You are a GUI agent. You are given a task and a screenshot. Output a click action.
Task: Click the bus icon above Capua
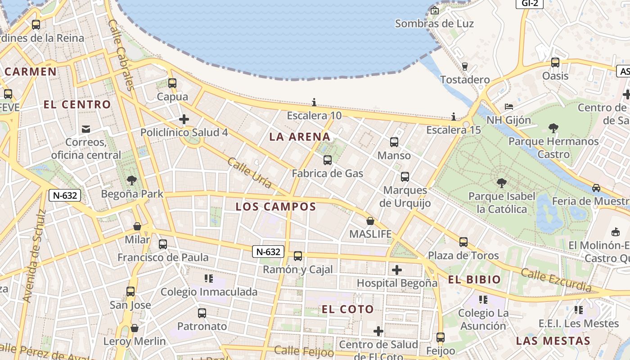pos(172,83)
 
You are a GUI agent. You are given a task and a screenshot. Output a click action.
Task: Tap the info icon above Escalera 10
pos(314,103)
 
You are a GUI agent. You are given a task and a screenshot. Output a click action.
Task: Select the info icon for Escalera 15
pos(454,117)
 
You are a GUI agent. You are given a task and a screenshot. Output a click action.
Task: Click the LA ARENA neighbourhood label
pos(300,137)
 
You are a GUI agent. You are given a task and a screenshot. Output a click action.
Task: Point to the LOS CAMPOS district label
pos(276,207)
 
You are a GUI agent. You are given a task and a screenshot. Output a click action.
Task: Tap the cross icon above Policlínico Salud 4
pos(184,119)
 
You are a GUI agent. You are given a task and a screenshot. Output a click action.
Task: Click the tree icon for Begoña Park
pos(132,181)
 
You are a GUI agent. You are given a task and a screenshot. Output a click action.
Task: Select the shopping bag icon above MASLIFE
pos(370,221)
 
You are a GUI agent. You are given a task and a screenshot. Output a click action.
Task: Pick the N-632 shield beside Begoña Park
pos(65,195)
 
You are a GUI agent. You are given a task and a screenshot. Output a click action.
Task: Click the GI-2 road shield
pos(530,3)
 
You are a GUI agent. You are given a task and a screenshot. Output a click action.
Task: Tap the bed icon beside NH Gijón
pos(509,107)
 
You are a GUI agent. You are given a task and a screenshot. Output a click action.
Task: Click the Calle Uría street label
pos(250,173)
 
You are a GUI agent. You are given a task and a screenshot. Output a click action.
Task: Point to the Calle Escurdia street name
pos(556,279)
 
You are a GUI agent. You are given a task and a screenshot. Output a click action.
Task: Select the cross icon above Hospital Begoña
pos(396,270)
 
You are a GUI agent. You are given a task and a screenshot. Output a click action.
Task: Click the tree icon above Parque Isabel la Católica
pos(501,183)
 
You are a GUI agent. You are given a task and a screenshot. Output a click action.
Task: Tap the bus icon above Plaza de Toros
pos(463,242)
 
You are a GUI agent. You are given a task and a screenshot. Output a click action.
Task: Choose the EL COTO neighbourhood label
pos(347,309)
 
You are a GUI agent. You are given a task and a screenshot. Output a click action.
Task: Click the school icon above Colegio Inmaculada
pos(208,279)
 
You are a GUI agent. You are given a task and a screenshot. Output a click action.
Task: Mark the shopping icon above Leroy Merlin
pos(134,328)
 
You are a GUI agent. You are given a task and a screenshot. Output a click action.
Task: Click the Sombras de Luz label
pos(434,23)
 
